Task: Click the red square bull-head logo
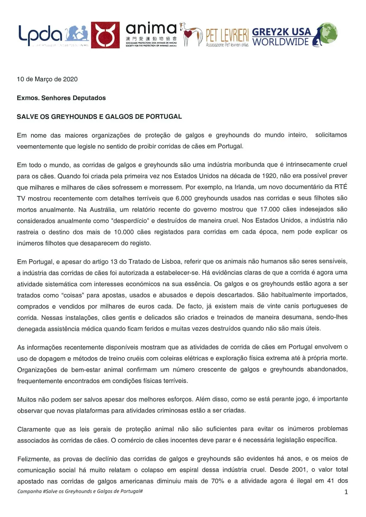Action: pos(105,35)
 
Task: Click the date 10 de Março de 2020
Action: pos(47,79)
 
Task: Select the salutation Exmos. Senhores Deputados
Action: pos(61,98)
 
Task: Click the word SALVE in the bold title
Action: pos(25,117)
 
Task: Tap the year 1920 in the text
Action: pos(269,176)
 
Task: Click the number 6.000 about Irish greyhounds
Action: pos(184,198)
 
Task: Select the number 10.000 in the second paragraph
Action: pos(124,232)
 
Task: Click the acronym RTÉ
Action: pos(341,187)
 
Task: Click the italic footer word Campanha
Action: pos(29,491)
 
